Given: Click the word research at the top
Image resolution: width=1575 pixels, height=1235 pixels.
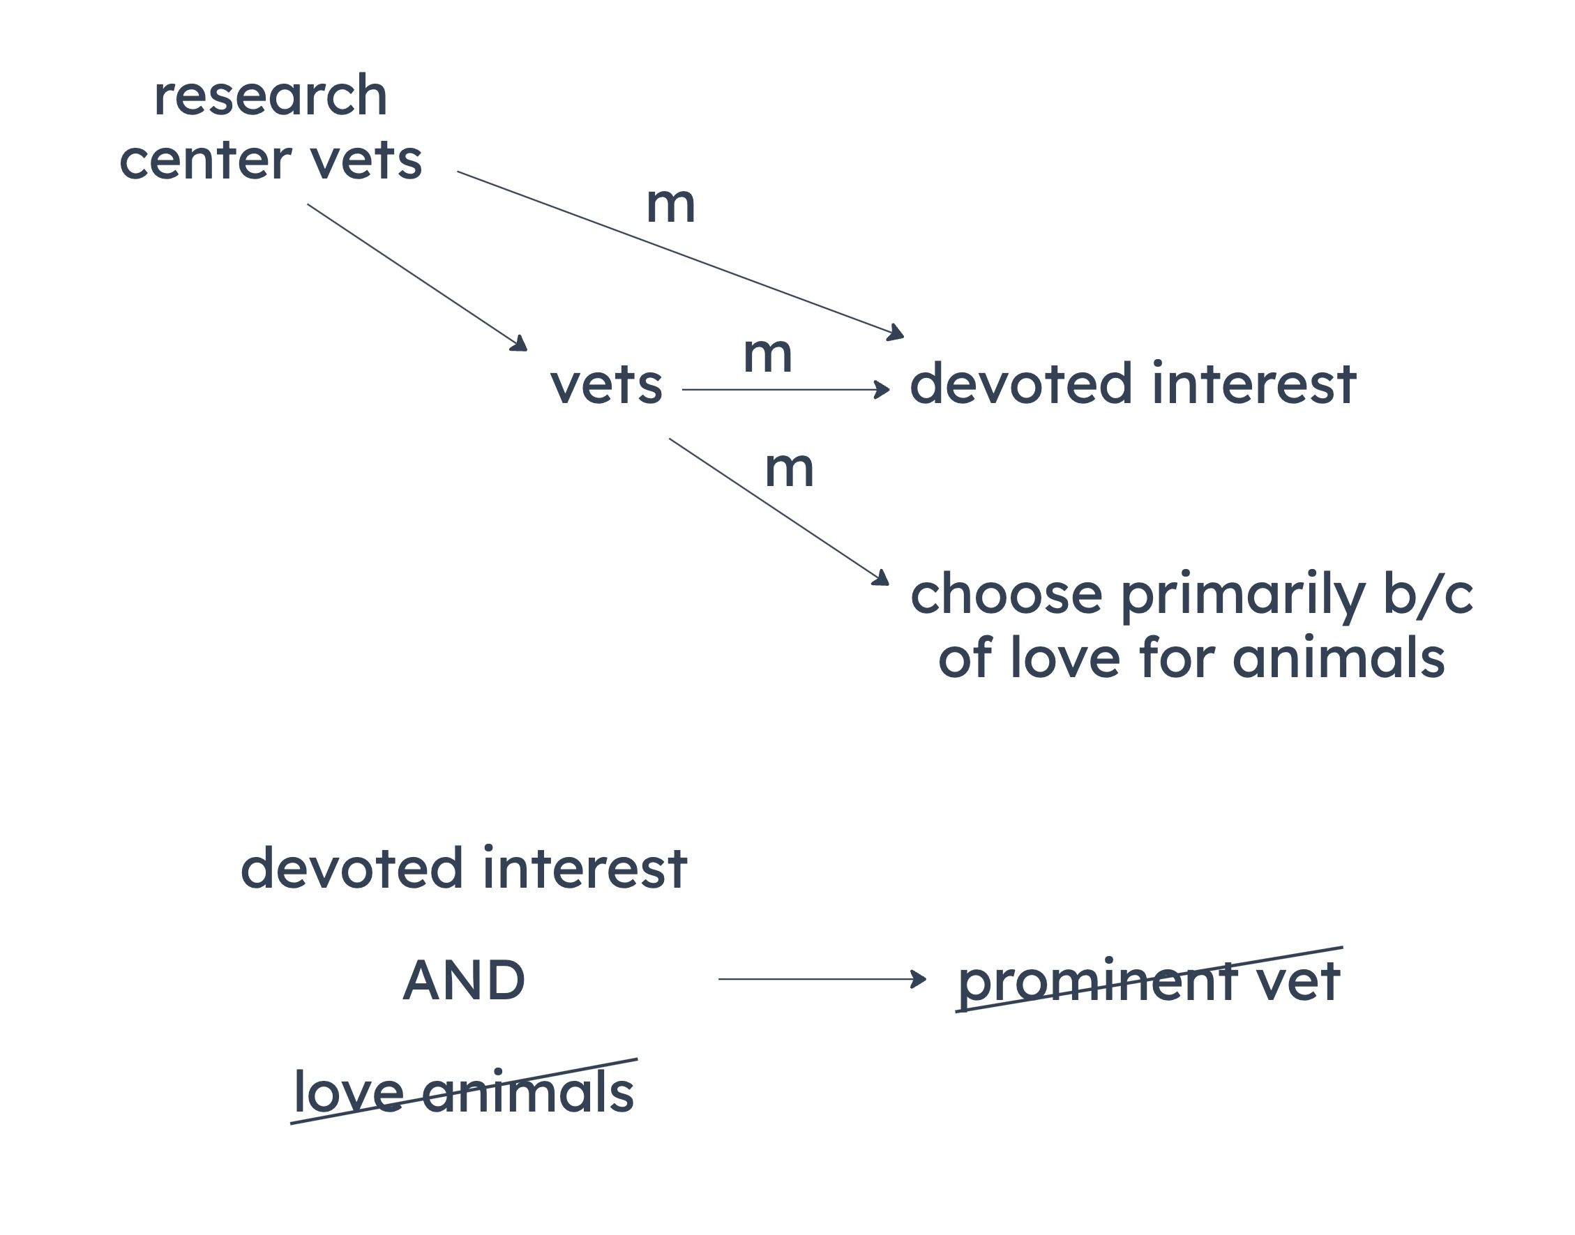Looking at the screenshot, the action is [271, 96].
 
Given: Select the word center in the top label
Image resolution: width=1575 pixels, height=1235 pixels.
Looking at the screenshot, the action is [205, 160].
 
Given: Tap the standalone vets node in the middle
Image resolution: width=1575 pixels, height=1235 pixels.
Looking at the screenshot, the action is [606, 385].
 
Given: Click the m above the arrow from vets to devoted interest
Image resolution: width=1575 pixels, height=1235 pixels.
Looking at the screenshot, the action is [767, 355].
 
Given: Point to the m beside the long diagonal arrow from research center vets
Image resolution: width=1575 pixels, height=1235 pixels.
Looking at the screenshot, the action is [670, 204].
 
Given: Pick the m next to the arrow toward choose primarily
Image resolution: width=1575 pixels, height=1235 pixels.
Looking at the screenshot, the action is [789, 469].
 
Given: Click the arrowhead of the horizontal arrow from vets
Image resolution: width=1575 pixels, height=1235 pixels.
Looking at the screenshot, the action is [882, 390].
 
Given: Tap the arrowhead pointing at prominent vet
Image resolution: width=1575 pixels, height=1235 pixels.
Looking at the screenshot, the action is [919, 979].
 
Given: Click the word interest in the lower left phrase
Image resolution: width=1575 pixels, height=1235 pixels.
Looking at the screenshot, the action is [585, 867].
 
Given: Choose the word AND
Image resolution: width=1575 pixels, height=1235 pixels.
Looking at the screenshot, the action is [464, 980].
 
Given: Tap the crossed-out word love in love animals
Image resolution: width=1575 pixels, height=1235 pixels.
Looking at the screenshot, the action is [349, 1092].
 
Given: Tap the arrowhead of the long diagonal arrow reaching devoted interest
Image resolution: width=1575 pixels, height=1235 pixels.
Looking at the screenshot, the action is [897, 333].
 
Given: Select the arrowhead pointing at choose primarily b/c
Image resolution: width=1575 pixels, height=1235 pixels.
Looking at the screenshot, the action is [882, 577].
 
